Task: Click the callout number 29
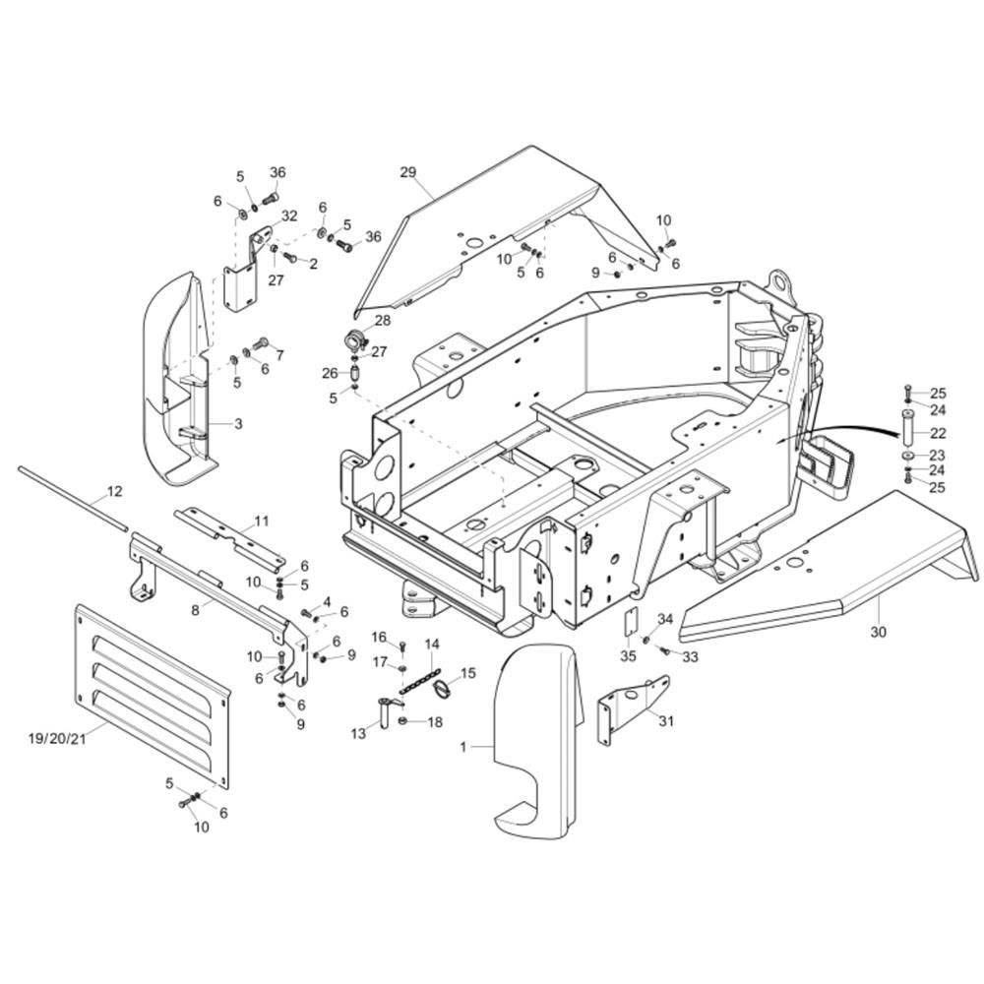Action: [x=408, y=172]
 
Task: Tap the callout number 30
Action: [x=879, y=632]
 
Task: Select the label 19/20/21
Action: [x=57, y=738]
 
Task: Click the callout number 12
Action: [x=115, y=491]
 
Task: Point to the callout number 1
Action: [x=463, y=747]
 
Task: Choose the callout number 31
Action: [x=666, y=721]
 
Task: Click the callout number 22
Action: [x=938, y=433]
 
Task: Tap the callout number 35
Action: [x=628, y=655]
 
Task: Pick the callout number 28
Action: [x=382, y=321]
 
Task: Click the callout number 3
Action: [x=238, y=423]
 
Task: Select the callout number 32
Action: [x=289, y=216]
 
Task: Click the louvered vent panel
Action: [x=152, y=696]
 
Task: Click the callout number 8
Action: [x=195, y=609]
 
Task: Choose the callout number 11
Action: [x=262, y=521]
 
